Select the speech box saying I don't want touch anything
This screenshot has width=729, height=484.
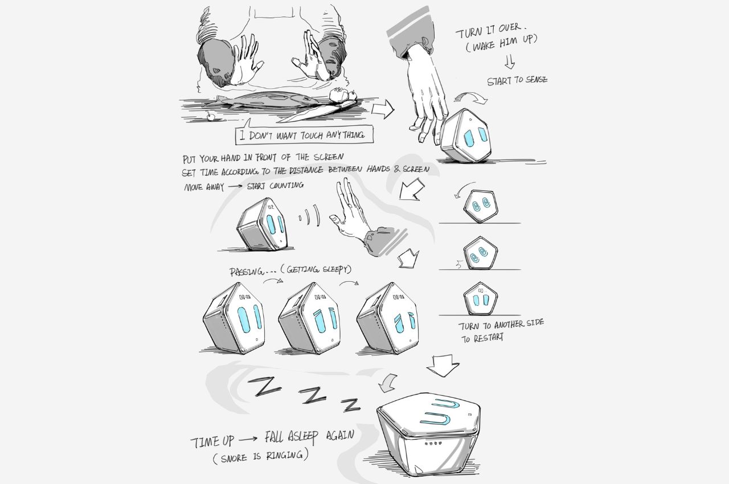(304, 134)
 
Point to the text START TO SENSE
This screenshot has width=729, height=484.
(517, 80)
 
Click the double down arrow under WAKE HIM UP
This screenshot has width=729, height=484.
(510, 61)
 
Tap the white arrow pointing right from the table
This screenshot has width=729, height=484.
(383, 109)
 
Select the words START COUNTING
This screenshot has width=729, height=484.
(275, 186)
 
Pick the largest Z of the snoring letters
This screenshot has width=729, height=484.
(264, 386)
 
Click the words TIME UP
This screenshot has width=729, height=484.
(212, 442)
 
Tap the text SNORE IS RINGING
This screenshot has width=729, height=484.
(260, 456)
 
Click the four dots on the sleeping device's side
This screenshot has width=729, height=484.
(432, 444)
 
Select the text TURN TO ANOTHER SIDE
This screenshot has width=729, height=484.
(501, 325)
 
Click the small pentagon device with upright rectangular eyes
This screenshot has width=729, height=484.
(480, 300)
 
